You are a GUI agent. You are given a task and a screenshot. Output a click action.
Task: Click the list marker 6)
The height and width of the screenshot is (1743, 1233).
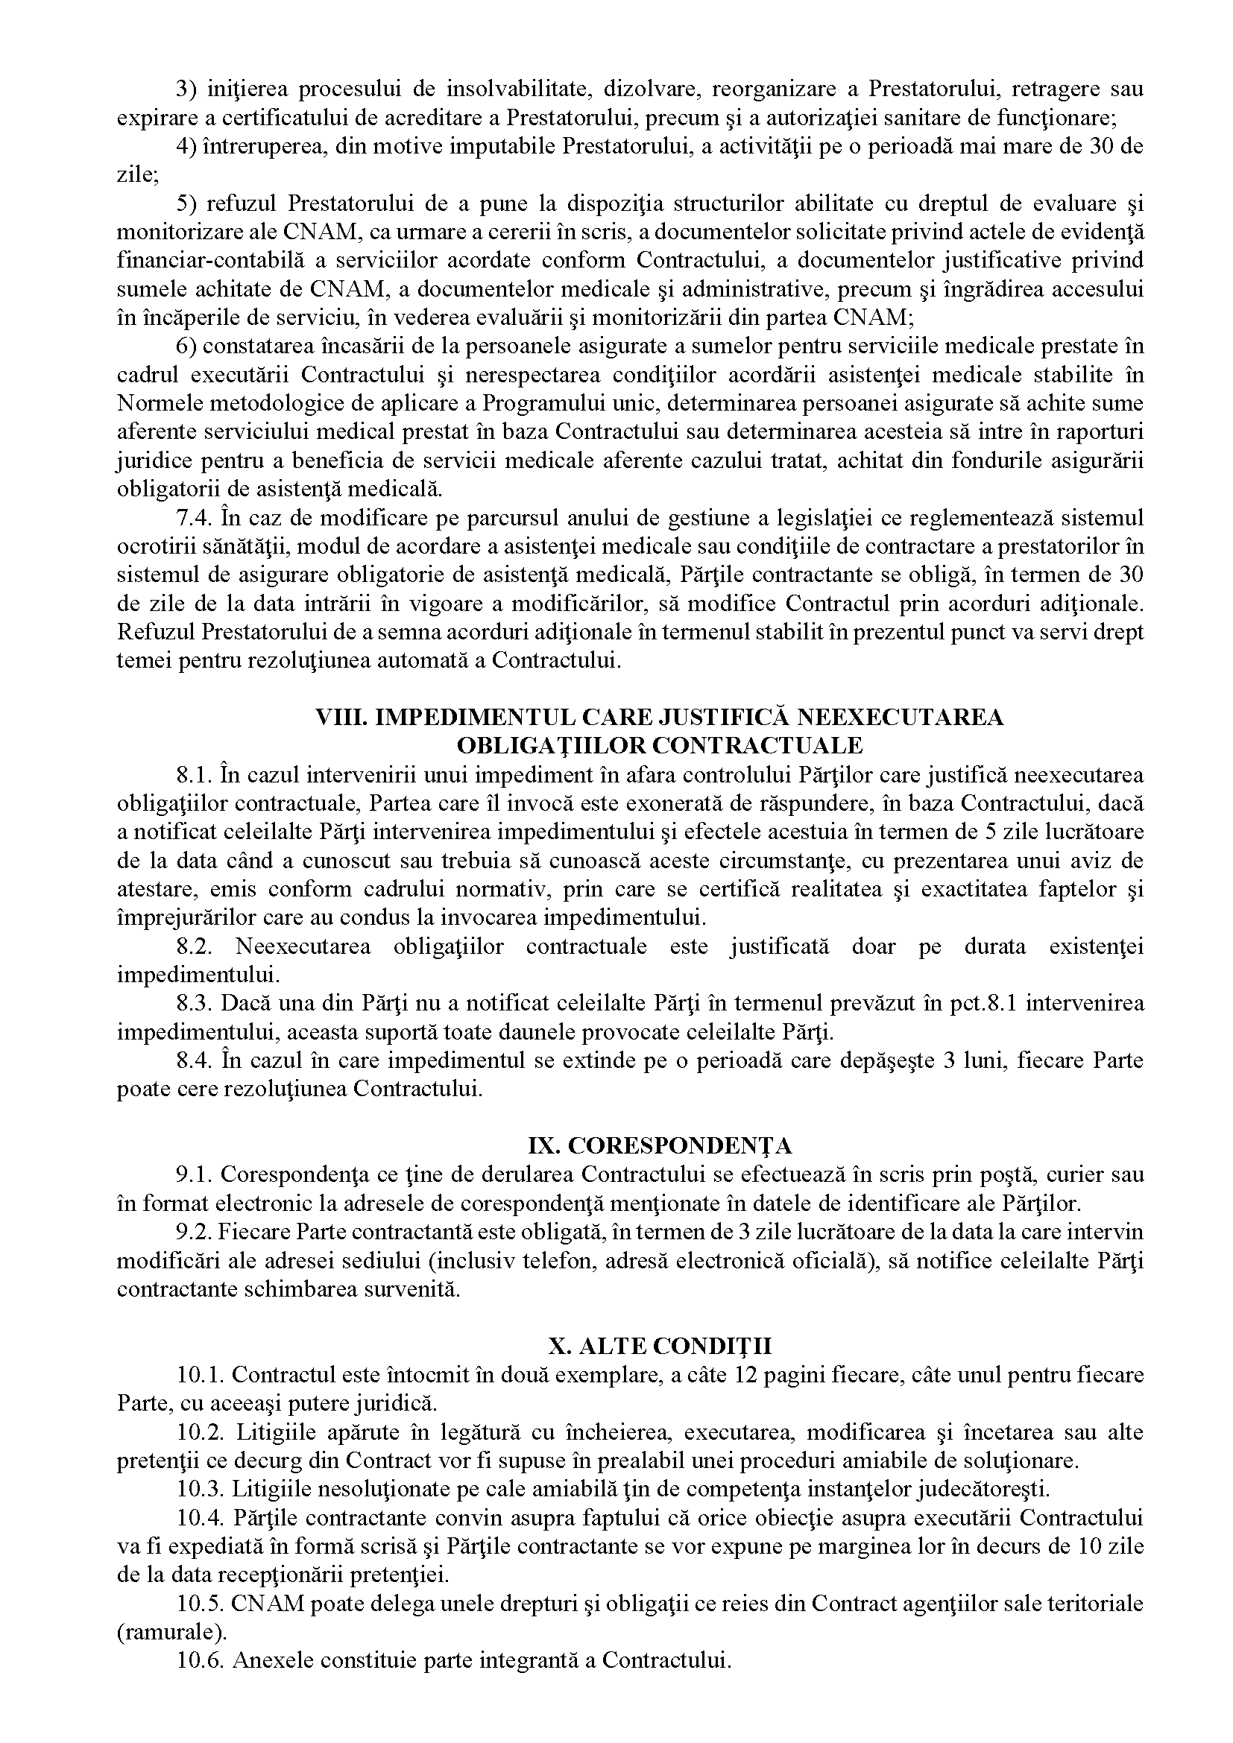[x=187, y=347]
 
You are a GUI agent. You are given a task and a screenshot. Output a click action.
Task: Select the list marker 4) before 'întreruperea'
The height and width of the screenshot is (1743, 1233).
[x=187, y=147]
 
